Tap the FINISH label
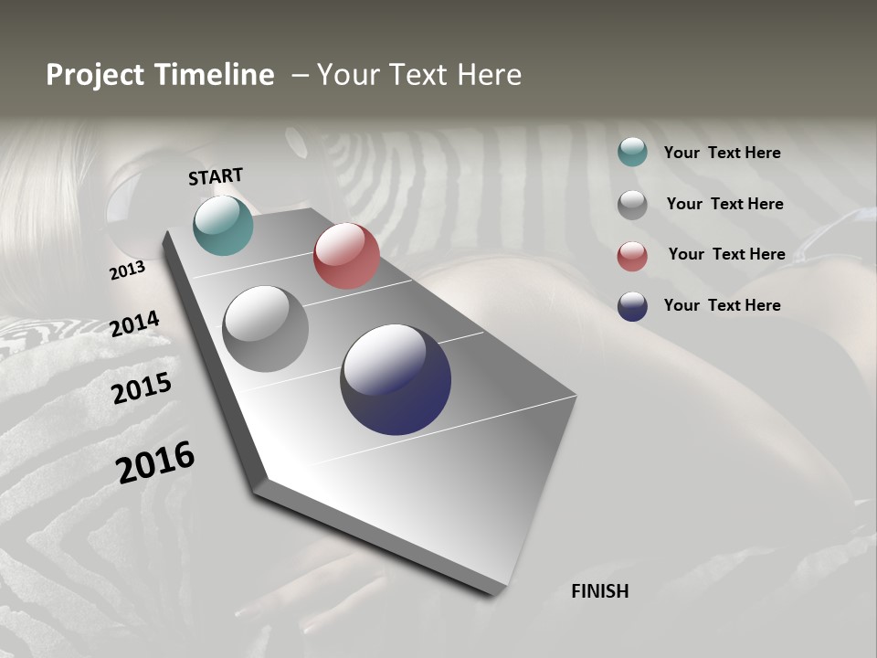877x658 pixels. click(x=599, y=591)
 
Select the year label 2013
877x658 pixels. click(x=127, y=271)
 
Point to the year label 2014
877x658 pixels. click(x=134, y=324)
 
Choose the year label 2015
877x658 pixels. click(x=142, y=387)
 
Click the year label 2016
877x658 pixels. click(x=155, y=462)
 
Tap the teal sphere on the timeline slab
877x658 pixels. click(x=223, y=225)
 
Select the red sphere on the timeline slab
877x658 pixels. click(x=346, y=256)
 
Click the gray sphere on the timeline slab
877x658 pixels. click(x=265, y=329)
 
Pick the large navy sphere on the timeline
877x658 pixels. click(x=396, y=379)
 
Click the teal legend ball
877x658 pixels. click(x=632, y=152)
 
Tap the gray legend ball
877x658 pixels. click(x=632, y=204)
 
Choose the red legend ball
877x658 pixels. click(x=632, y=255)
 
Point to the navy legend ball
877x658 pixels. click(x=632, y=306)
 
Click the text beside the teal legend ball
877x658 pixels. click(x=722, y=153)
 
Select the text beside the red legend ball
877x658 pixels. click(x=726, y=254)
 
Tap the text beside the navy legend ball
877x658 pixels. click(x=722, y=305)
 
